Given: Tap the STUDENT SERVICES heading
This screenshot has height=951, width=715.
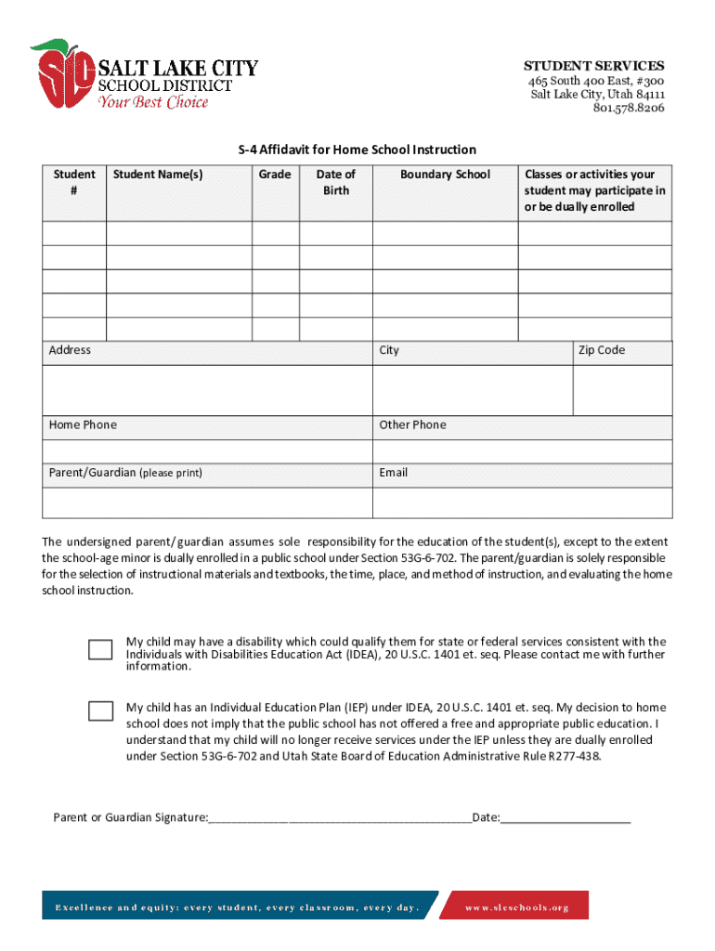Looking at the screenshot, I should point(593,66).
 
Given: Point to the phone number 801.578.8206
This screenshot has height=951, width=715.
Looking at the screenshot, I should point(629,108).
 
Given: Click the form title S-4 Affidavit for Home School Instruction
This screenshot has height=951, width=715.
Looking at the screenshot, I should point(357,150).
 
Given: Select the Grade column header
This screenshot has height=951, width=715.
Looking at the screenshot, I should point(275,175).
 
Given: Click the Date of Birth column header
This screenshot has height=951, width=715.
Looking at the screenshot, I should point(335,182).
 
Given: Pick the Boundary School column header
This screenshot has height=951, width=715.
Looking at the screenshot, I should point(445,175).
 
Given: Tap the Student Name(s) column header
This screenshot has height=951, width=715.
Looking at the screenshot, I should point(158,175).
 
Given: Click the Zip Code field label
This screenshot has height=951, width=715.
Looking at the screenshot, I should point(602,351).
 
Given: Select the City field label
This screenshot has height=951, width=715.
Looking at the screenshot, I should point(389,351).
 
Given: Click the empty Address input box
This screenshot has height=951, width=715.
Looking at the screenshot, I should point(207,389).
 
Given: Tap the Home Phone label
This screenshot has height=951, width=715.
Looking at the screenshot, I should point(84,425).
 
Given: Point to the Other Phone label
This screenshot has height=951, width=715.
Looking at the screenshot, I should point(412,425).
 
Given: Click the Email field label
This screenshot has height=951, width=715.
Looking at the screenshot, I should point(394,473).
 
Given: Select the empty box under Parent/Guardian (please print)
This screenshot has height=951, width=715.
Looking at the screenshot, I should point(207,502).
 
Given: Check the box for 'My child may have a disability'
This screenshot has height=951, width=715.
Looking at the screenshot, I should point(100,649).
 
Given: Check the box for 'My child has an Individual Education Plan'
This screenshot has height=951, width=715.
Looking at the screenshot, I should point(100,711).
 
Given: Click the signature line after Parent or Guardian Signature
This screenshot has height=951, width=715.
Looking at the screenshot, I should point(340,819).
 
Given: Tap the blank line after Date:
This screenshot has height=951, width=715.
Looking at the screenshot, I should point(565,819).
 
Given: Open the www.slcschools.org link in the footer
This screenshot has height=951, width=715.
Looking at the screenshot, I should point(516,907).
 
